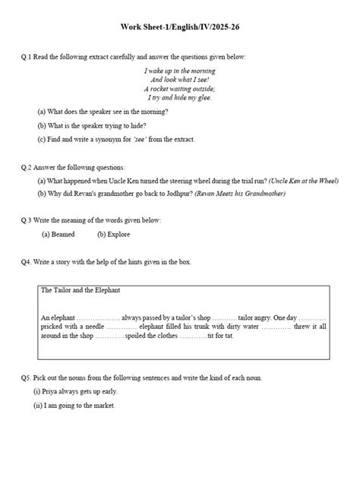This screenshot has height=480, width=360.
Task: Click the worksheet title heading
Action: [179, 27]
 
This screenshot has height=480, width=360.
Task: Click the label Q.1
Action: [28, 58]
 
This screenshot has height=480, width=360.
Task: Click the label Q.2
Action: [28, 167]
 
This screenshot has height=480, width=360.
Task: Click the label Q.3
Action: [28, 220]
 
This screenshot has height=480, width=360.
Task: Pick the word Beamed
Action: [59, 235]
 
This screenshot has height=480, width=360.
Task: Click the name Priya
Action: [50, 391]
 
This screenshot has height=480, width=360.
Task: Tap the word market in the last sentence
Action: [103, 406]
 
